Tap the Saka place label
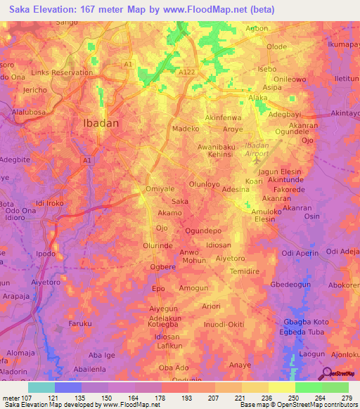coord(180,201)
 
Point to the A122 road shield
coord(186,72)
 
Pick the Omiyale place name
coord(159,188)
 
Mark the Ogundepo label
coord(203,231)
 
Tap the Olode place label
coord(276,46)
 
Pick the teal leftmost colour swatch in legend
coord(41,387)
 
